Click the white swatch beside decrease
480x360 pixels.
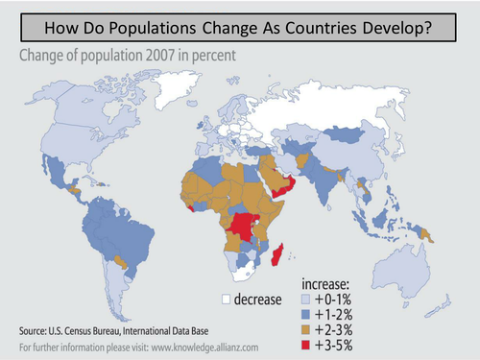click(x=227, y=299)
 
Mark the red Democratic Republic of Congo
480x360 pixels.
click(x=246, y=228)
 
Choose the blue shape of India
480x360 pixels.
click(x=334, y=181)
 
